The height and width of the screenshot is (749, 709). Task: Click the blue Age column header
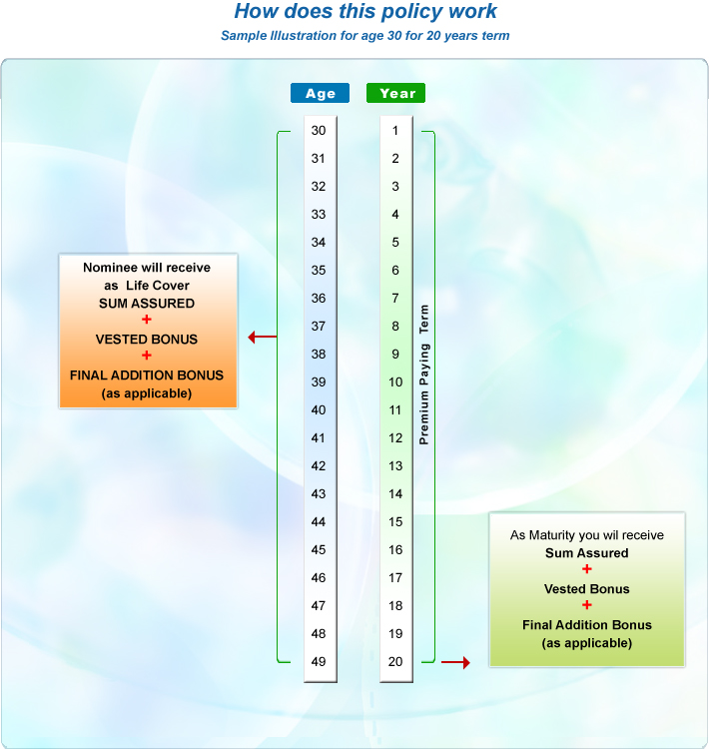[320, 93]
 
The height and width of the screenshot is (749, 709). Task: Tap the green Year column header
[396, 93]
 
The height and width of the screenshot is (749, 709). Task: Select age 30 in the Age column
[319, 131]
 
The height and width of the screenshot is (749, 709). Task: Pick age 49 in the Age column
[319, 662]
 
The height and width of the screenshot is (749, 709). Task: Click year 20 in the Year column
[395, 662]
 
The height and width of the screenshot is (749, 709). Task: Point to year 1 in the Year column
[395, 131]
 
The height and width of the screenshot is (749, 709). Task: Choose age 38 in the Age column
[319, 355]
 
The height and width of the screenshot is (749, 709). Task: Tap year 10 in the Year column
[395, 382]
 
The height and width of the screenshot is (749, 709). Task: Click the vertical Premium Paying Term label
[423, 374]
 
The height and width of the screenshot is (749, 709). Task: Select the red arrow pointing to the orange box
[262, 338]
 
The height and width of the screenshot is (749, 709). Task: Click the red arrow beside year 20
[454, 662]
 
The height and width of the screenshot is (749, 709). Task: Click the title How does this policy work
[365, 12]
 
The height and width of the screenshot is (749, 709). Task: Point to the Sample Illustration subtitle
[365, 36]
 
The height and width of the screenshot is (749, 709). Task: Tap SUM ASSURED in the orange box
[147, 303]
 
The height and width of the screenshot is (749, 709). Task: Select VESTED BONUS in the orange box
[147, 339]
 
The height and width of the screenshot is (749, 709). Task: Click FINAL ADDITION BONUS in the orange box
[147, 374]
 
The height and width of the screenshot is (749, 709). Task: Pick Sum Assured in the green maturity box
[587, 552]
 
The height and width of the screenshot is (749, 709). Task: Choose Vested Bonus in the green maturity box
[587, 588]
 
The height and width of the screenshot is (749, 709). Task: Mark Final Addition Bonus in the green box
[587, 624]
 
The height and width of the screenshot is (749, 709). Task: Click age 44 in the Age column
[319, 522]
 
